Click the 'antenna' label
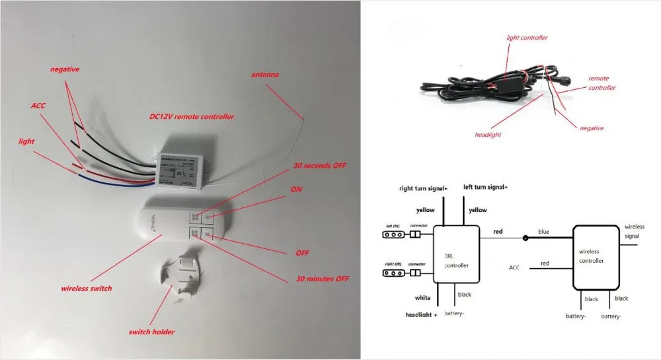(x=264, y=75)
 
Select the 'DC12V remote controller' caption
(x=192, y=116)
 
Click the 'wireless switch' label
(x=87, y=289)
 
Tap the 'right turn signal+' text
(x=423, y=188)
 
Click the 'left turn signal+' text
(x=485, y=188)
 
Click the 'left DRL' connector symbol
(x=395, y=234)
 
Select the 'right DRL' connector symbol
(x=395, y=272)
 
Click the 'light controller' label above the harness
(x=527, y=38)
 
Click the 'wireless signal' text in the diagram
(x=634, y=231)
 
